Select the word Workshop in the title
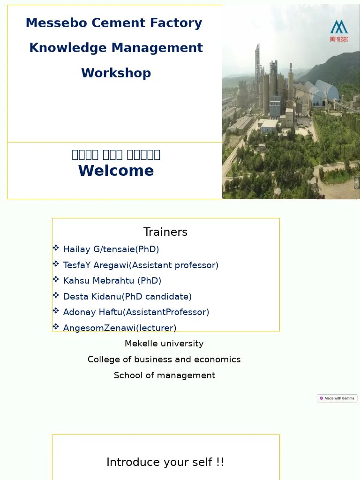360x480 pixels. [x=116, y=73]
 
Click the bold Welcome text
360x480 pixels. [x=116, y=171]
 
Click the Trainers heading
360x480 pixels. [x=165, y=232]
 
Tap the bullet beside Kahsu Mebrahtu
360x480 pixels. [x=56, y=280]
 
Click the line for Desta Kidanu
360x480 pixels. [x=127, y=297]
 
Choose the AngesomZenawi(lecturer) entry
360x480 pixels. [x=120, y=328]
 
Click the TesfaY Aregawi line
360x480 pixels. [x=141, y=265]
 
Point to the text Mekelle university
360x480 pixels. [x=164, y=344]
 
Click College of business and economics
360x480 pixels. [x=164, y=360]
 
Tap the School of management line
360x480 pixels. [x=164, y=375]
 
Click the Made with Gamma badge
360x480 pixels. [x=337, y=398]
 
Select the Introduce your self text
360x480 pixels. [x=165, y=462]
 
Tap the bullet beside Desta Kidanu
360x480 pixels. [x=56, y=295]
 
